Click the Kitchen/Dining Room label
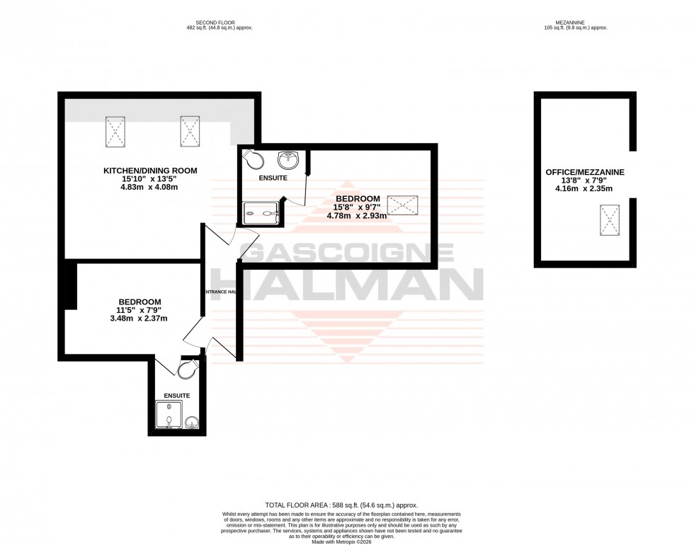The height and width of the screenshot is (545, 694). (150, 171)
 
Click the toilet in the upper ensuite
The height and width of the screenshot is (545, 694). (252, 159)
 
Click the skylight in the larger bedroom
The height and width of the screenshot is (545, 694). (402, 205)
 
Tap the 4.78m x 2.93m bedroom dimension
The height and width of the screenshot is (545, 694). (356, 216)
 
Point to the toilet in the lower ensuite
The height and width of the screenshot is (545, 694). (189, 370)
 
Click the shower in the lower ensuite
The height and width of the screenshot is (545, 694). (169, 415)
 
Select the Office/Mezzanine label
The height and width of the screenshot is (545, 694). (585, 172)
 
